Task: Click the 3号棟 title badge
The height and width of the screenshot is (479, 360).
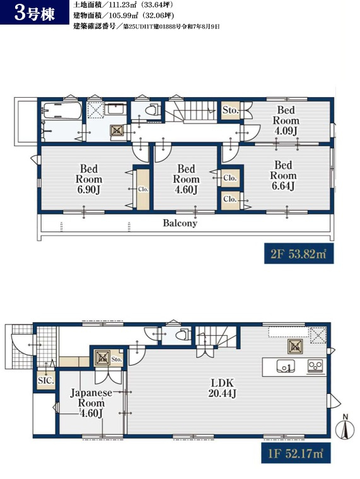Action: [35, 12]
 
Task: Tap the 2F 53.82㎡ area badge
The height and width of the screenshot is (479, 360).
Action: [299, 253]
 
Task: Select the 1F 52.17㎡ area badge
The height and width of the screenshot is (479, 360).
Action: [296, 453]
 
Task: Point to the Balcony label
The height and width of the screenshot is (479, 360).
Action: [180, 223]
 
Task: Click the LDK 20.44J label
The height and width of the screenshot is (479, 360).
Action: [222, 388]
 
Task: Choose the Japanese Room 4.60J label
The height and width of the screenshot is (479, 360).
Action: [91, 403]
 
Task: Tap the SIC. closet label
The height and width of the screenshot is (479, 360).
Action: [46, 381]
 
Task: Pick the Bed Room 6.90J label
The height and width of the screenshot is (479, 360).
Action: [89, 179]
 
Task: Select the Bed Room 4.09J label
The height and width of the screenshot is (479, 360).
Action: [286, 120]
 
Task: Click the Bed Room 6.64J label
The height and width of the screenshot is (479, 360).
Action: [283, 175]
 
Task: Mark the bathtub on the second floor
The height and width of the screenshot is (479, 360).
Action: [62, 110]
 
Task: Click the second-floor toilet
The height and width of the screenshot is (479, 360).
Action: [153, 110]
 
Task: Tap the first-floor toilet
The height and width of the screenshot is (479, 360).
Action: [183, 335]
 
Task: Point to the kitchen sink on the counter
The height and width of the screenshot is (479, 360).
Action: [286, 366]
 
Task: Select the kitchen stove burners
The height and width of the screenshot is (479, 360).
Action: [315, 366]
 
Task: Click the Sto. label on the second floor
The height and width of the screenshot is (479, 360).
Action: [230, 110]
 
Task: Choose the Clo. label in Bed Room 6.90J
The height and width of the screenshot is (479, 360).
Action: [143, 190]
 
